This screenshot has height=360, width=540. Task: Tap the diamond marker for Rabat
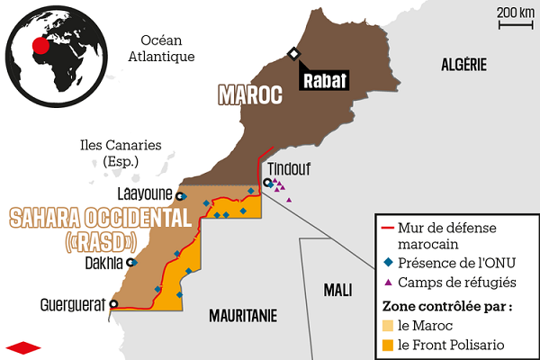click(293, 54)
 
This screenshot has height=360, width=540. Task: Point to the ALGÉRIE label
click(463, 64)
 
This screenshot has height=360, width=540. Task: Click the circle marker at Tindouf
click(267, 183)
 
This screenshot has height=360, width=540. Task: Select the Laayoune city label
click(145, 193)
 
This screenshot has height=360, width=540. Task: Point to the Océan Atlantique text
click(162, 49)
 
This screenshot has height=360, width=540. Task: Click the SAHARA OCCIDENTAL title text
click(100, 218)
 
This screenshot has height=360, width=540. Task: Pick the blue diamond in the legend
click(388, 264)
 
